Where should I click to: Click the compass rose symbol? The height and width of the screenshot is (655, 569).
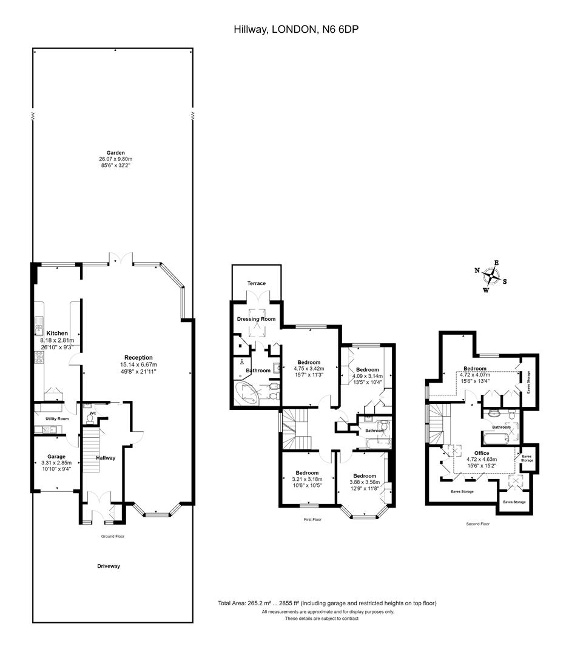[491, 277]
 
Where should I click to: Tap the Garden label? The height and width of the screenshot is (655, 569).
[115, 153]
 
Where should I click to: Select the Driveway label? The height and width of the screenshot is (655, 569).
[109, 566]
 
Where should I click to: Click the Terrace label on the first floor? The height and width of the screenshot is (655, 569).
[257, 283]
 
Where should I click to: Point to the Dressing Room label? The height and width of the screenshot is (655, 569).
[256, 319]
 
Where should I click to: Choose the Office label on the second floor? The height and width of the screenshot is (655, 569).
[482, 453]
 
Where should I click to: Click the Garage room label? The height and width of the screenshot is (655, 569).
[56, 457]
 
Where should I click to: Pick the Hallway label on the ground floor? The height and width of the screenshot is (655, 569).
[106, 458]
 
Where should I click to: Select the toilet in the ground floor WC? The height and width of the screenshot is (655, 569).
[90, 418]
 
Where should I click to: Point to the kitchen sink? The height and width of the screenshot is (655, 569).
[39, 327]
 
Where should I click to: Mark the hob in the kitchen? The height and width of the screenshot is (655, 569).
[39, 358]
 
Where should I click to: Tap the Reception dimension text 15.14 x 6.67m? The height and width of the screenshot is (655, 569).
[139, 364]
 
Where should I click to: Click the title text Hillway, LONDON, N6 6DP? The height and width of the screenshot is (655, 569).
[296, 29]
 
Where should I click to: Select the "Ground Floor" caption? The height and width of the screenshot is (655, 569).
[113, 536]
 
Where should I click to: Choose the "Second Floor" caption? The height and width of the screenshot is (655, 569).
[477, 524]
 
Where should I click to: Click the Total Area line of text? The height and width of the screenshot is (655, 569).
[327, 603]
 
